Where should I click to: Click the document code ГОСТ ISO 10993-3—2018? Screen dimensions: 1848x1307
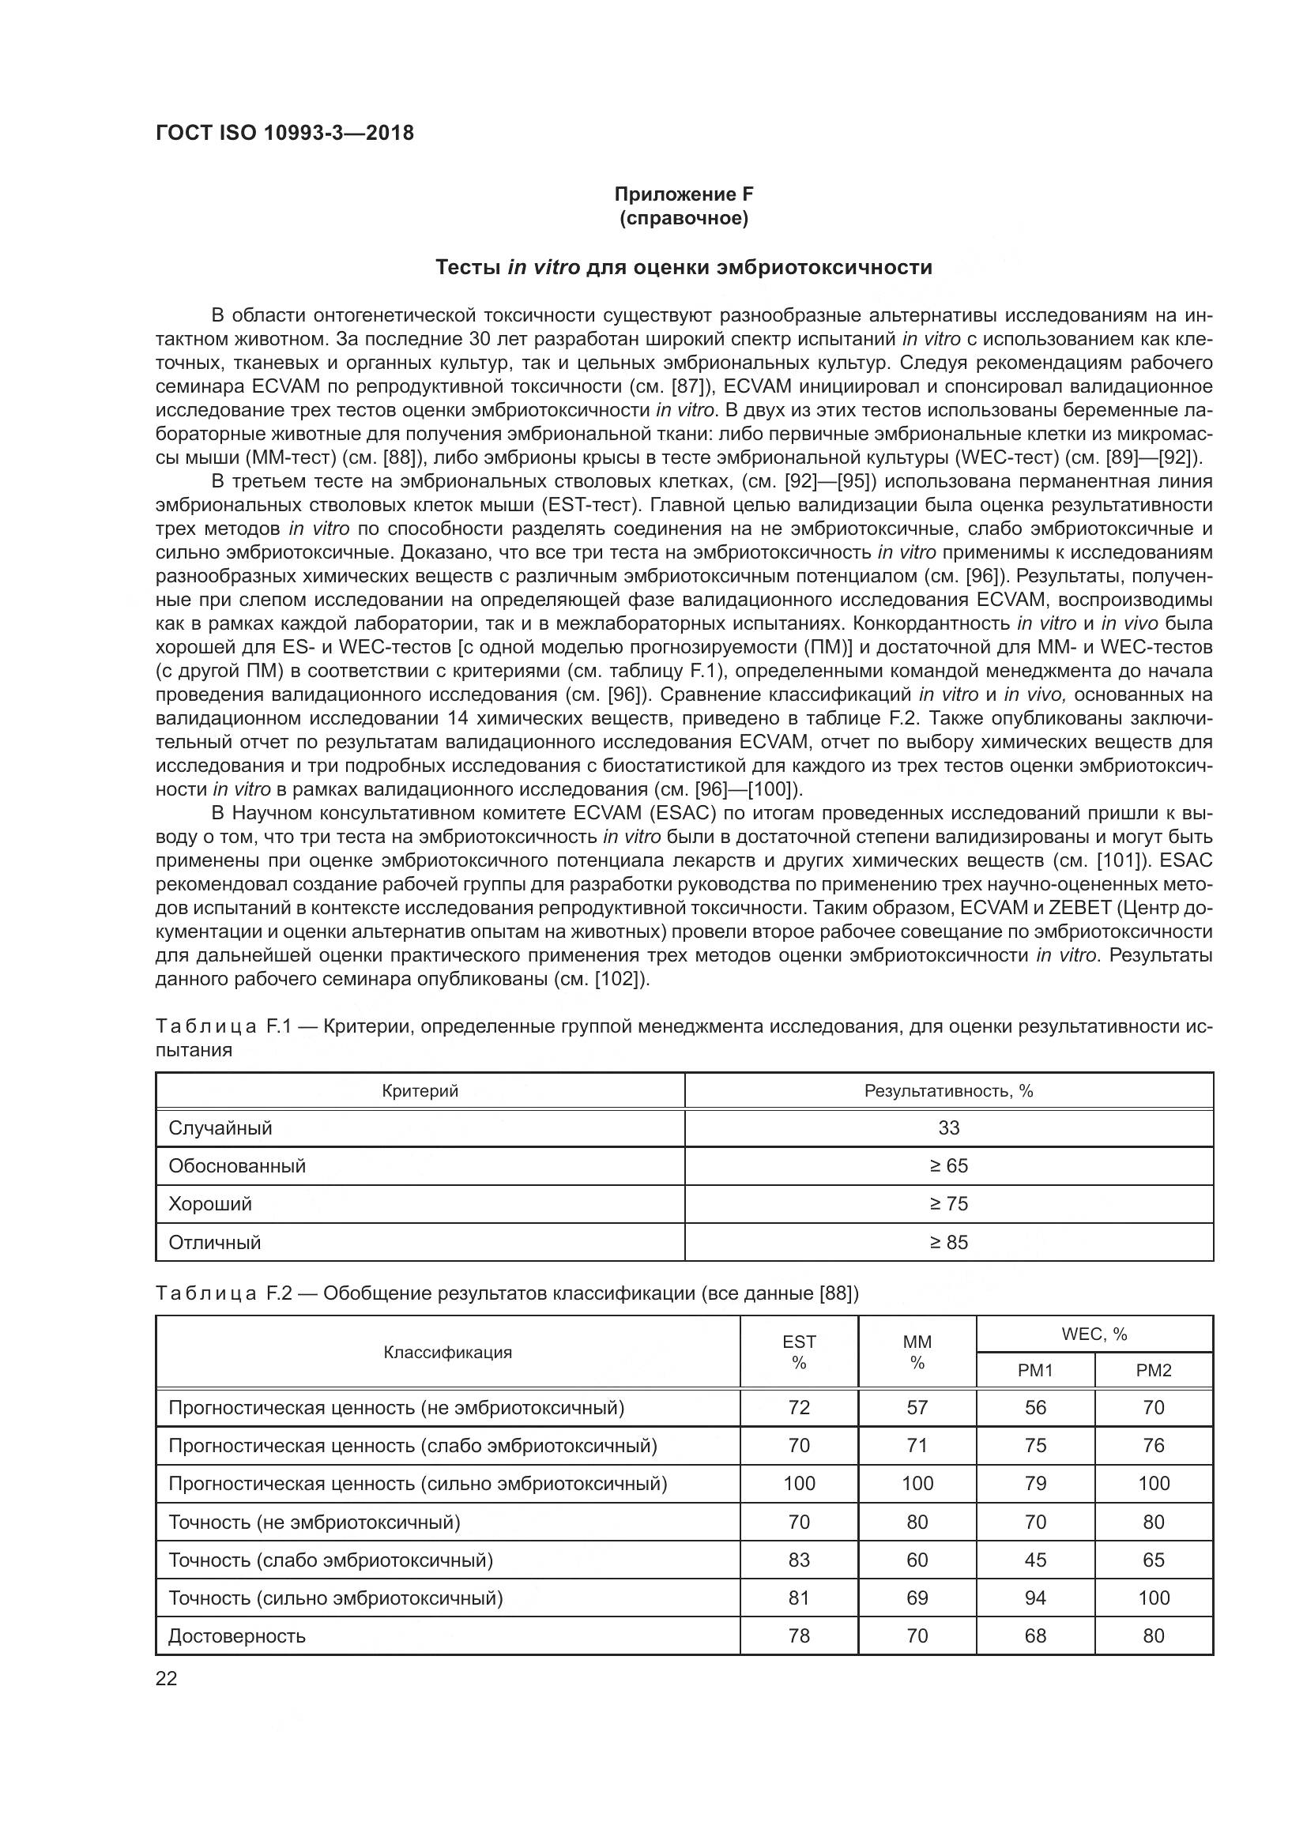[285, 133]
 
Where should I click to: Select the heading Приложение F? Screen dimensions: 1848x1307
[684, 194]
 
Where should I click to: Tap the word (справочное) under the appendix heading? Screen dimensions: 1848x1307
[684, 218]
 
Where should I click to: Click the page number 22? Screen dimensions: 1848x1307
[166, 1679]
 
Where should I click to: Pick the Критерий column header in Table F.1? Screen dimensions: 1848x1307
[420, 1090]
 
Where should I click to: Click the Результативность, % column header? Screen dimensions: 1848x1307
[948, 1090]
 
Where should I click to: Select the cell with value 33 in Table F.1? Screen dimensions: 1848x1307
[948, 1127]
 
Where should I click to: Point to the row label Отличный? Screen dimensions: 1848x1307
[215, 1242]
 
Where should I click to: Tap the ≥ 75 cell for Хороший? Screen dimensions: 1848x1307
[948, 1203]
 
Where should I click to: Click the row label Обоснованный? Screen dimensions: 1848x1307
[237, 1165]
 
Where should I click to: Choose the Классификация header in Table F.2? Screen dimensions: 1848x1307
[447, 1352]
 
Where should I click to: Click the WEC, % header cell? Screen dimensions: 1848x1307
[1094, 1334]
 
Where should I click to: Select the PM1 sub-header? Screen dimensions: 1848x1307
[1035, 1370]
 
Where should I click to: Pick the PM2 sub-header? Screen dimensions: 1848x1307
[1153, 1370]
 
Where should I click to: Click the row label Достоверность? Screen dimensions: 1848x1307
[237, 1635]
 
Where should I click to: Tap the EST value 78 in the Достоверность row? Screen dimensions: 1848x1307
[798, 1635]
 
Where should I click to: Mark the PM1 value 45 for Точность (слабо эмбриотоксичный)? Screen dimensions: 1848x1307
[1035, 1560]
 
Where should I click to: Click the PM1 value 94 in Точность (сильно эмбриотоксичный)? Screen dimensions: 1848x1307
[1035, 1598]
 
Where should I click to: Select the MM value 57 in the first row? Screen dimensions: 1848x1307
[917, 1407]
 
